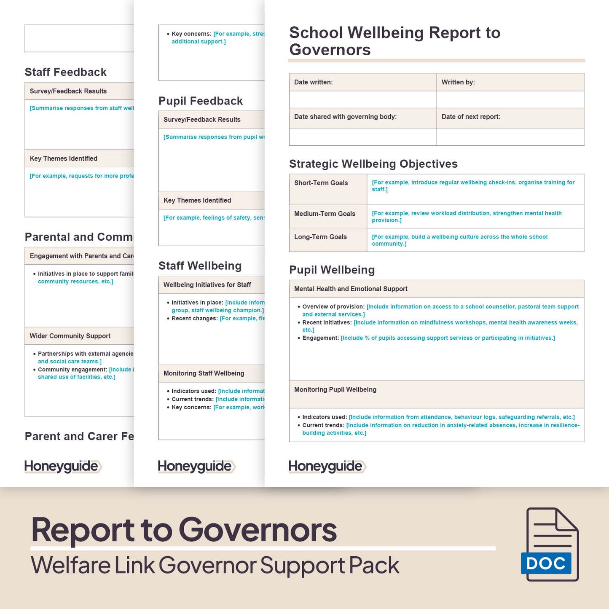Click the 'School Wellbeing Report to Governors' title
(x=394, y=41)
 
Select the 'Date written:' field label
(x=313, y=82)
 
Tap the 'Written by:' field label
(x=458, y=82)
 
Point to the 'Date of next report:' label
(x=471, y=117)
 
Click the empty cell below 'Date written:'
(x=362, y=99)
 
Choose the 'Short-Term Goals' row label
(x=321, y=183)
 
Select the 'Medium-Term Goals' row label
(x=325, y=214)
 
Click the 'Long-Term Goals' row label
(x=320, y=237)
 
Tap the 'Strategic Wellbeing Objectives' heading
(x=373, y=164)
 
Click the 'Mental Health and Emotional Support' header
(x=351, y=289)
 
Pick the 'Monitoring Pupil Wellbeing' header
(x=335, y=389)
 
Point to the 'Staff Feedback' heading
(x=65, y=72)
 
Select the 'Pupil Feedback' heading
(x=200, y=101)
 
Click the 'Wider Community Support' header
(x=70, y=336)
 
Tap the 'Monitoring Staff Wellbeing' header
(x=204, y=373)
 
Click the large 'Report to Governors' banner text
(x=184, y=530)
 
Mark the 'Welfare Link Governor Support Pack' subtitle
(x=215, y=565)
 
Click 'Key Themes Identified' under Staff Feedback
(x=63, y=158)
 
